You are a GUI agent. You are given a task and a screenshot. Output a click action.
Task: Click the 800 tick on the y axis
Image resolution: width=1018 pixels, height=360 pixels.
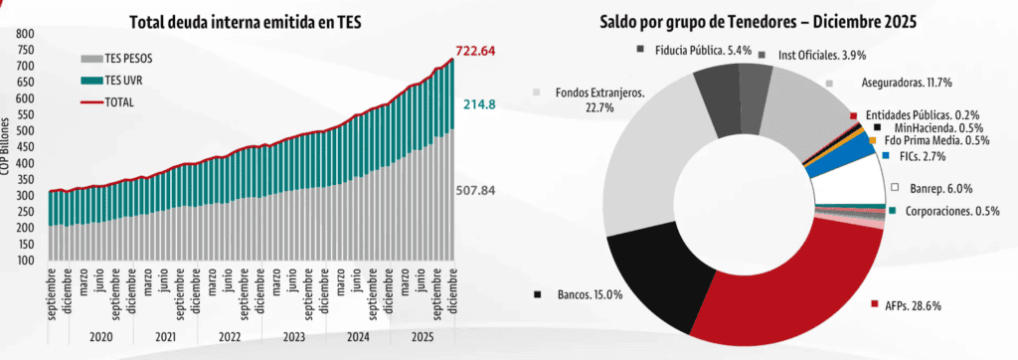coord(24,35)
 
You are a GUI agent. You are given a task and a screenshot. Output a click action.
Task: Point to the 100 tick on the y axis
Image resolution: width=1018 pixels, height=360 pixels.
coord(24,260)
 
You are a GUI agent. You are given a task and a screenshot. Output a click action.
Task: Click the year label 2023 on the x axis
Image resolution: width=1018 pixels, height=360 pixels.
coord(294,337)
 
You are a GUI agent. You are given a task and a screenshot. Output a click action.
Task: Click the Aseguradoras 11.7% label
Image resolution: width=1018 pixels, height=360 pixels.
coord(874,86)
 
